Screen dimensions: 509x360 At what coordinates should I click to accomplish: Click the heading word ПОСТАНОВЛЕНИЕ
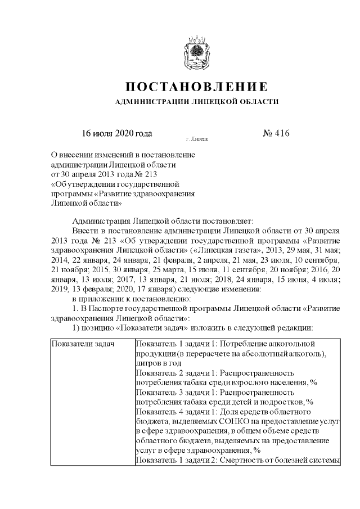pyautogui.click(x=195, y=87)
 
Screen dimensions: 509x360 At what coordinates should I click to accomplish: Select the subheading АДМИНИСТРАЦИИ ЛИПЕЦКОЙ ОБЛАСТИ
pyautogui.click(x=196, y=102)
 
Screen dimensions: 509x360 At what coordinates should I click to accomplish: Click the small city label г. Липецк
pyautogui.click(x=196, y=138)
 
